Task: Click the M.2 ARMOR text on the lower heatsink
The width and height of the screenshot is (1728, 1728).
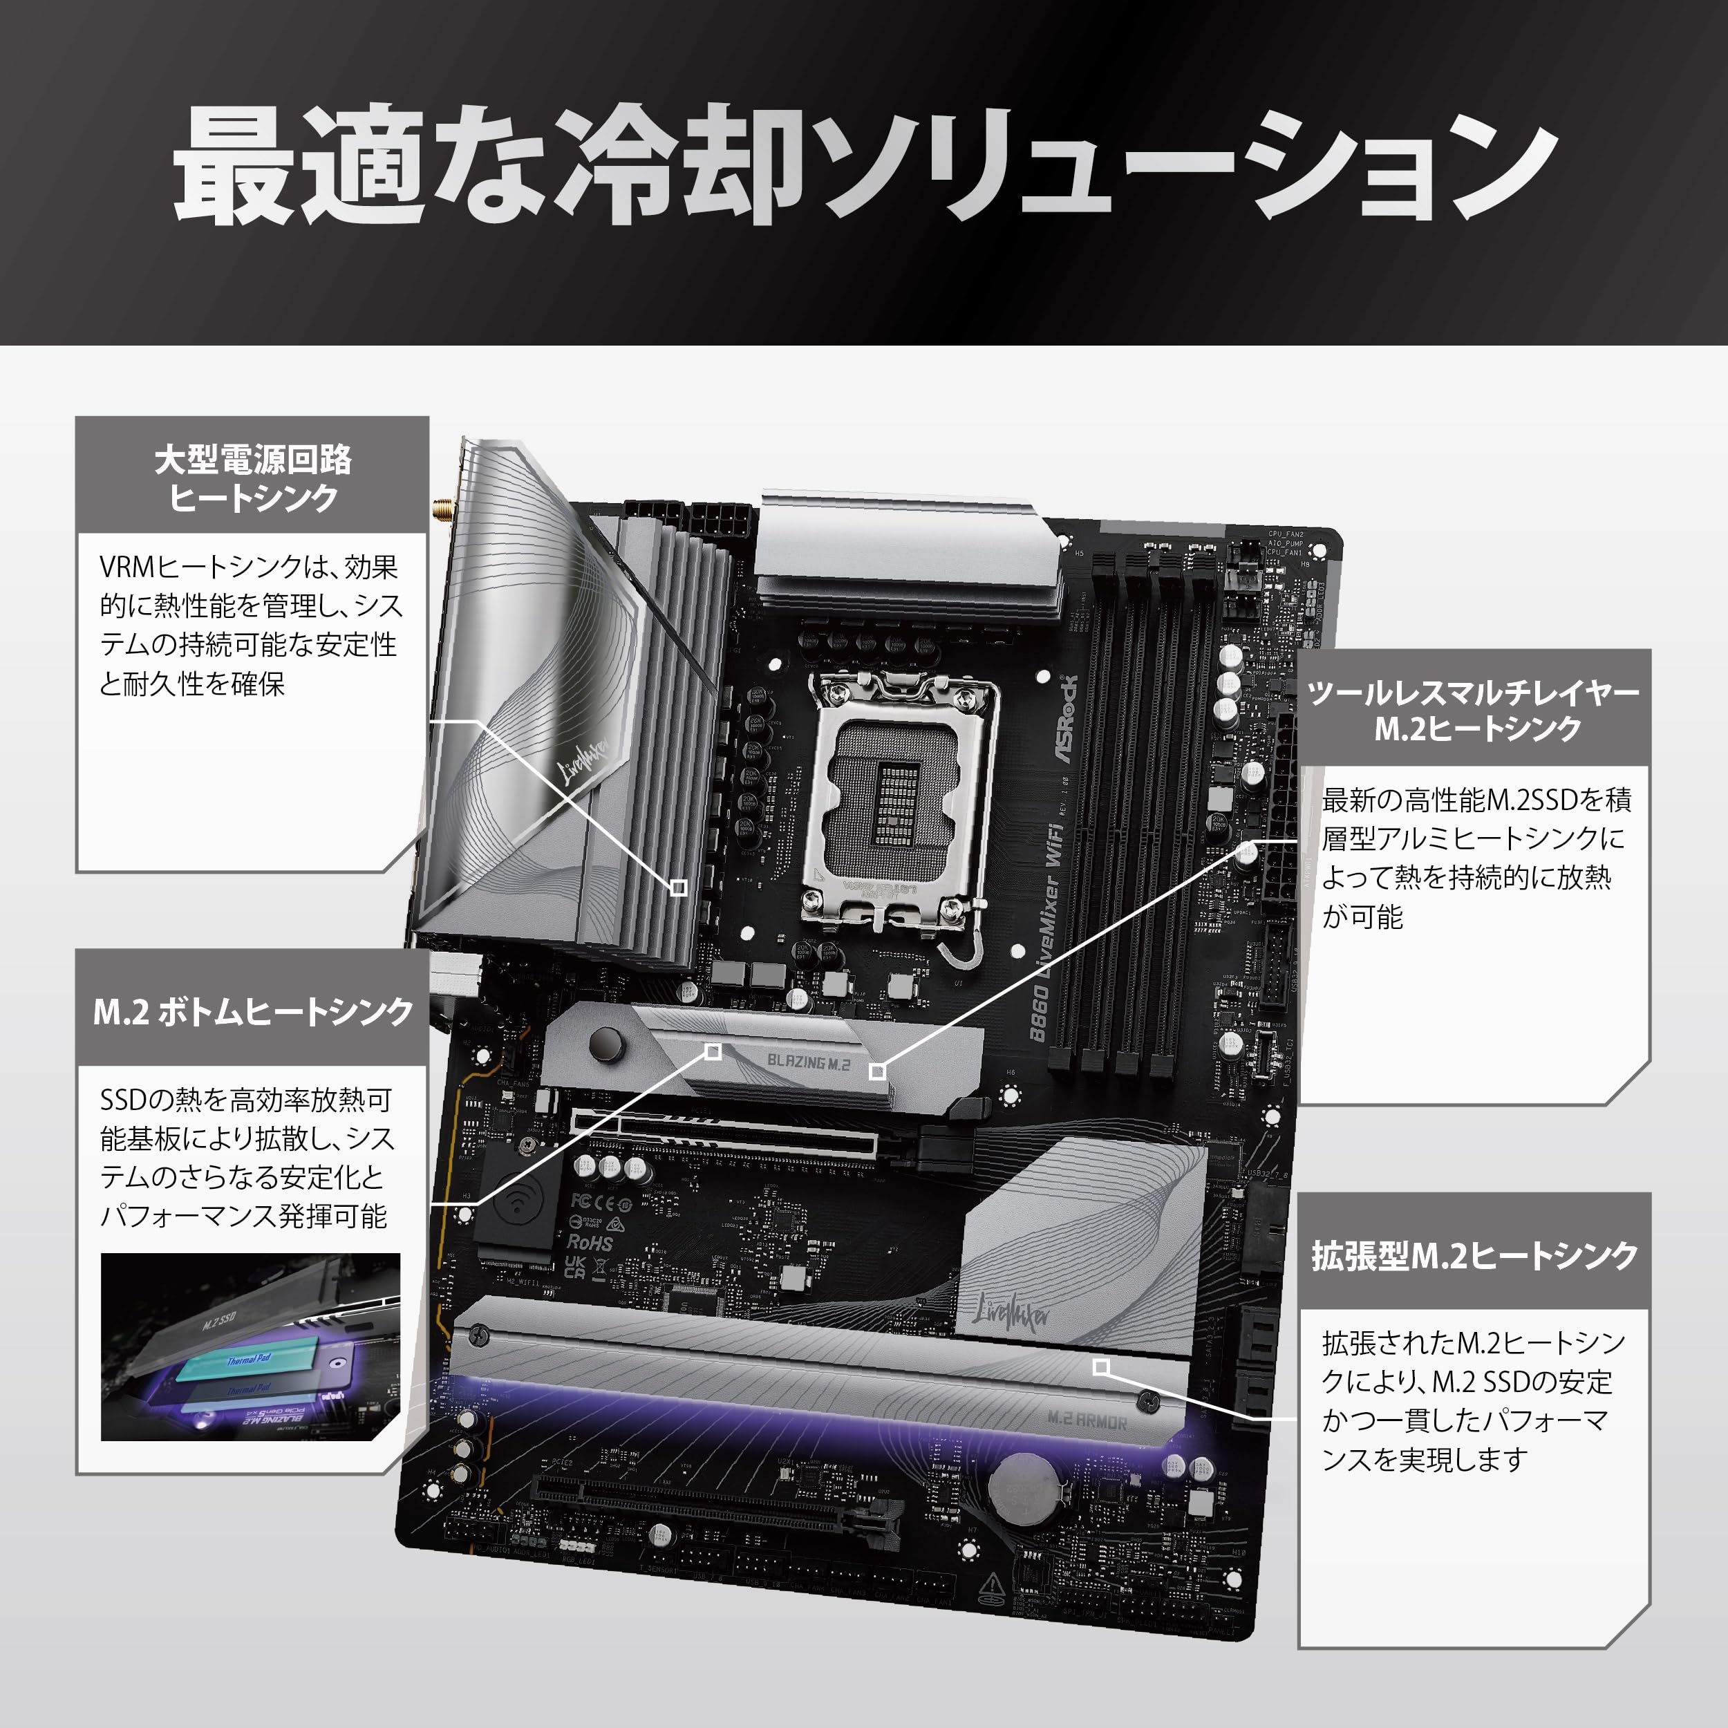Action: (1087, 1421)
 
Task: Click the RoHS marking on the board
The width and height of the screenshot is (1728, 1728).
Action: (590, 1243)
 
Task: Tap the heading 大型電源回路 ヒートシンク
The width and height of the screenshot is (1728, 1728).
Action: (253, 478)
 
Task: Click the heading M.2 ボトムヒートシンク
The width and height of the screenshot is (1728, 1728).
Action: (253, 1012)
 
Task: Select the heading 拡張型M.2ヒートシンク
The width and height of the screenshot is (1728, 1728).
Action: (1474, 1255)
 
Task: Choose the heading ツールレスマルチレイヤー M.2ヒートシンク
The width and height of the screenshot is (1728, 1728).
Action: (1474, 710)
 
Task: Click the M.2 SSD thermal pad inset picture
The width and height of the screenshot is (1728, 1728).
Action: (250, 1347)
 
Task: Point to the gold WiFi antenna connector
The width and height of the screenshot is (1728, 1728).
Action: (442, 511)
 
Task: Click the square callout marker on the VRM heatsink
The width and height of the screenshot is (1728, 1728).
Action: (679, 888)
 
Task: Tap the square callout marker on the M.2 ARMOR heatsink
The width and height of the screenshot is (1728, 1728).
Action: (1102, 1367)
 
